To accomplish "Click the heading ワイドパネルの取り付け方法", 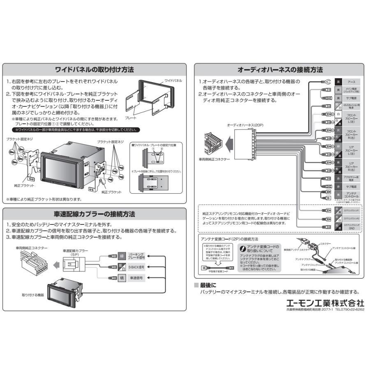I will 95,69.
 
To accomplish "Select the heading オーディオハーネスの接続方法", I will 280,69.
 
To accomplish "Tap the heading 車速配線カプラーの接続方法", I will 95,214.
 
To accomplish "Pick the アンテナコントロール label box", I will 351,194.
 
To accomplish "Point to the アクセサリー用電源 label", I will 351,178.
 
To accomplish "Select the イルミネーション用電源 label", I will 351,106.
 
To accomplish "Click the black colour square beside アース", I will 338,82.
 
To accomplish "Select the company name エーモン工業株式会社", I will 325,302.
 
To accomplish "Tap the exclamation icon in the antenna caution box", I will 243,248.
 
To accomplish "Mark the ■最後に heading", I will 208,285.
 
